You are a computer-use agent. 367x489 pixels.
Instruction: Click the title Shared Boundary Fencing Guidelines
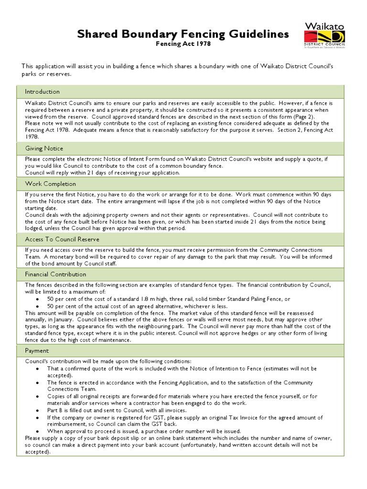183,34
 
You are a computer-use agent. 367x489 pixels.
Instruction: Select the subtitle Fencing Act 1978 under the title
183,44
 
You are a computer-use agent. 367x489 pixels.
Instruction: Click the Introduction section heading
43,92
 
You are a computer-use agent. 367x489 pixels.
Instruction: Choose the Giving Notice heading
44,149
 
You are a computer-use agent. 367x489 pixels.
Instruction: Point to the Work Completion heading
50,184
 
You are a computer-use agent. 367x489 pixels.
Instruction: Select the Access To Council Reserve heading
62,239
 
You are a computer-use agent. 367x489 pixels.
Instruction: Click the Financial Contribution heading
55,274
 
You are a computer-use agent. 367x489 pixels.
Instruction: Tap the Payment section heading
37,351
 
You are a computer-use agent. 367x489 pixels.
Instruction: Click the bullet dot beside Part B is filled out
37,410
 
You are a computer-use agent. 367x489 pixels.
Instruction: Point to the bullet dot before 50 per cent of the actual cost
37,306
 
